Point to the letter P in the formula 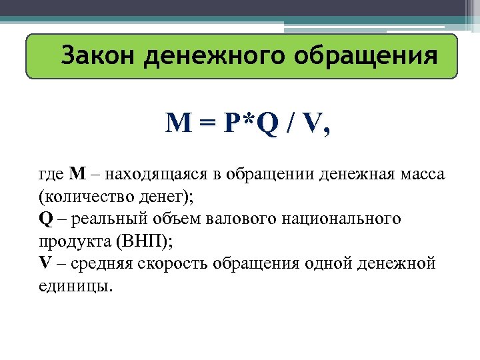point(233,124)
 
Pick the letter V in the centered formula point(311,124)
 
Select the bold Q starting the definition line point(45,219)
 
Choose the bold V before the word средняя point(45,263)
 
